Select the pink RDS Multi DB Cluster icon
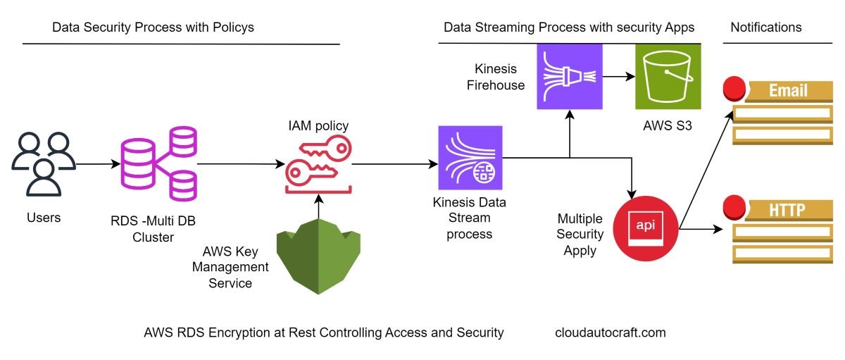tap(158, 163)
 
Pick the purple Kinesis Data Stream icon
tap(470, 158)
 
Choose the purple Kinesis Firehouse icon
tap(570, 76)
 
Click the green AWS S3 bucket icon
tap(668, 76)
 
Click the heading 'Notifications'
tap(765, 27)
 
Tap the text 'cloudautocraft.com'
tap(610, 333)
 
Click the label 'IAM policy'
tap(318, 126)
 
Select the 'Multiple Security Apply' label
tap(580, 234)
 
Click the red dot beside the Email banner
tap(735, 89)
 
